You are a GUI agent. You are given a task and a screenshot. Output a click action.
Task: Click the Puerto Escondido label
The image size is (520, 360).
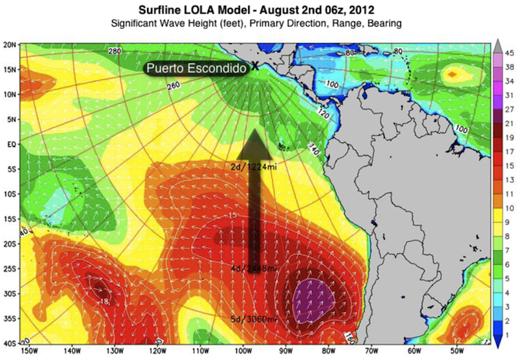[x=195, y=68]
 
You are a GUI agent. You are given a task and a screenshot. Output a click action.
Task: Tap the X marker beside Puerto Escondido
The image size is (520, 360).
[x=255, y=66]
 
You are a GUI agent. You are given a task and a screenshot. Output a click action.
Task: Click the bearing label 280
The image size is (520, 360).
[x=114, y=51]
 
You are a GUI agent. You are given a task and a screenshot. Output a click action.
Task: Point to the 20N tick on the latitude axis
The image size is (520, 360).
[x=10, y=45]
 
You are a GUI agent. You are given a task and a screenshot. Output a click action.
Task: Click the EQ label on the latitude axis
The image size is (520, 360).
[x=10, y=145]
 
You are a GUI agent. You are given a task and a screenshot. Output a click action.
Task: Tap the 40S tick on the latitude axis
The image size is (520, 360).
[x=10, y=344]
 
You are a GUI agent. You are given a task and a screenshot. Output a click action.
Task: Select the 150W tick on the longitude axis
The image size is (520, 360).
[x=29, y=352]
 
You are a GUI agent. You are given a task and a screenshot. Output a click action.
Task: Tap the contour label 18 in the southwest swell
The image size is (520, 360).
[x=105, y=301]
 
